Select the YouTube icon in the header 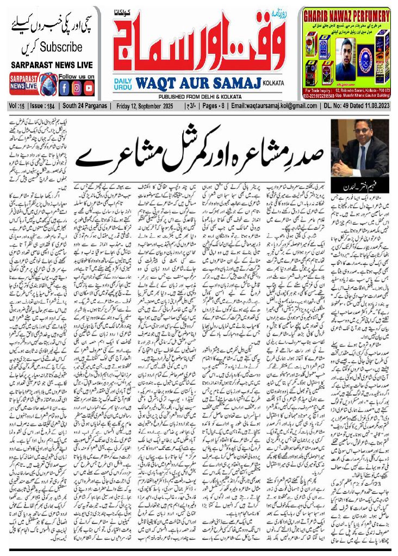(89, 87)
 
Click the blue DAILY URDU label (123, 84)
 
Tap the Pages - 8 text (218, 106)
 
